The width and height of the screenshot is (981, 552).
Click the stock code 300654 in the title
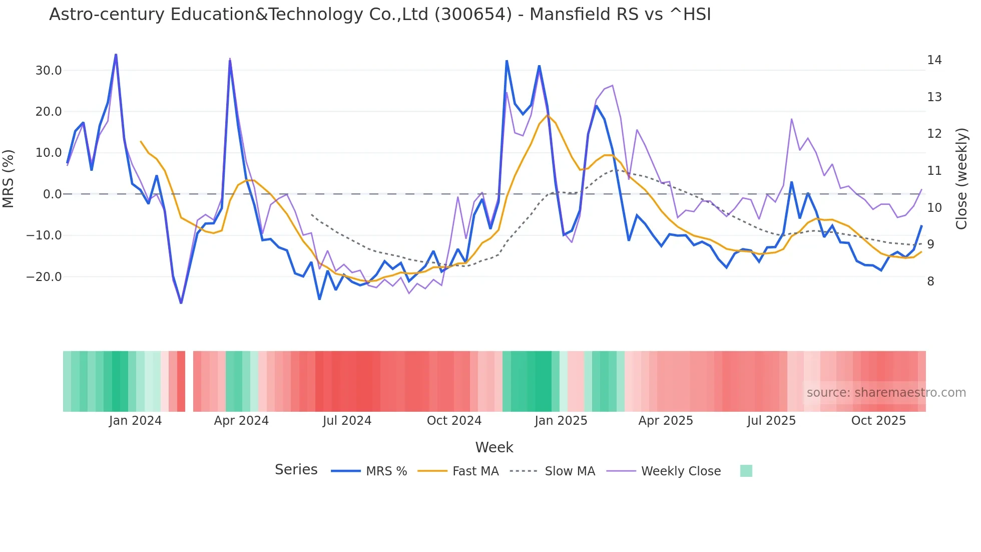473,15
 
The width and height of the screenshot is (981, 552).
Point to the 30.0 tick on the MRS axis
49,71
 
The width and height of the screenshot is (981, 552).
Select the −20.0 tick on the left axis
44,277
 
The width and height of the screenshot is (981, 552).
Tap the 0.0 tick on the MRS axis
52,194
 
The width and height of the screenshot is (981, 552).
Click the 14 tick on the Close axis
934,60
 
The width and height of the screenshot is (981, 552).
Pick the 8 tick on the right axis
930,282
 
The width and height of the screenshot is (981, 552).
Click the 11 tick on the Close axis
934,171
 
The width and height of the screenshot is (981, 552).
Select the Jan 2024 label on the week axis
135,421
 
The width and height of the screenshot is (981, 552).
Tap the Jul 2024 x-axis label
347,421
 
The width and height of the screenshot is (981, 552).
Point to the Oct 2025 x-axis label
878,421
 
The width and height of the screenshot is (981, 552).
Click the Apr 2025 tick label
665,421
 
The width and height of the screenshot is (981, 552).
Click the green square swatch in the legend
746,471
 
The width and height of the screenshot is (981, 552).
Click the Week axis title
494,447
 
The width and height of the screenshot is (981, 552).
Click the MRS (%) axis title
9,178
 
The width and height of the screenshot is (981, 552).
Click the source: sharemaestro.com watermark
886,393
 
